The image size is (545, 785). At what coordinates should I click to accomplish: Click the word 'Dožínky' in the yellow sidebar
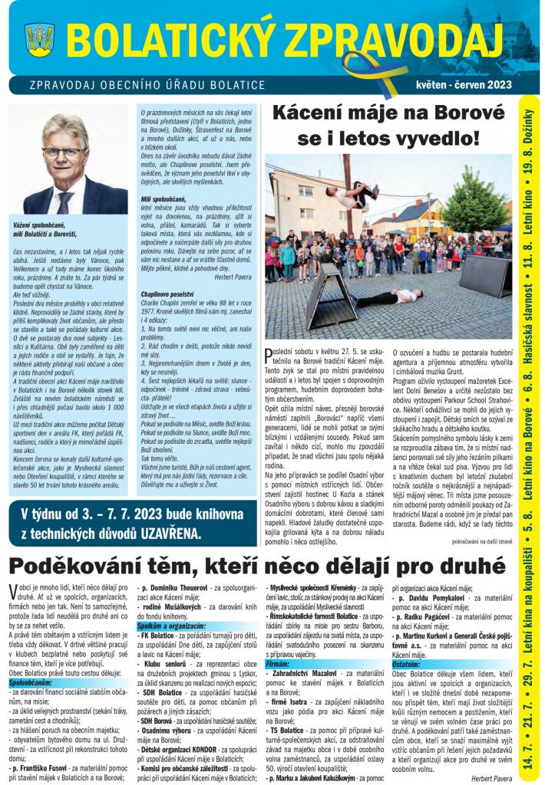click(529, 130)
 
